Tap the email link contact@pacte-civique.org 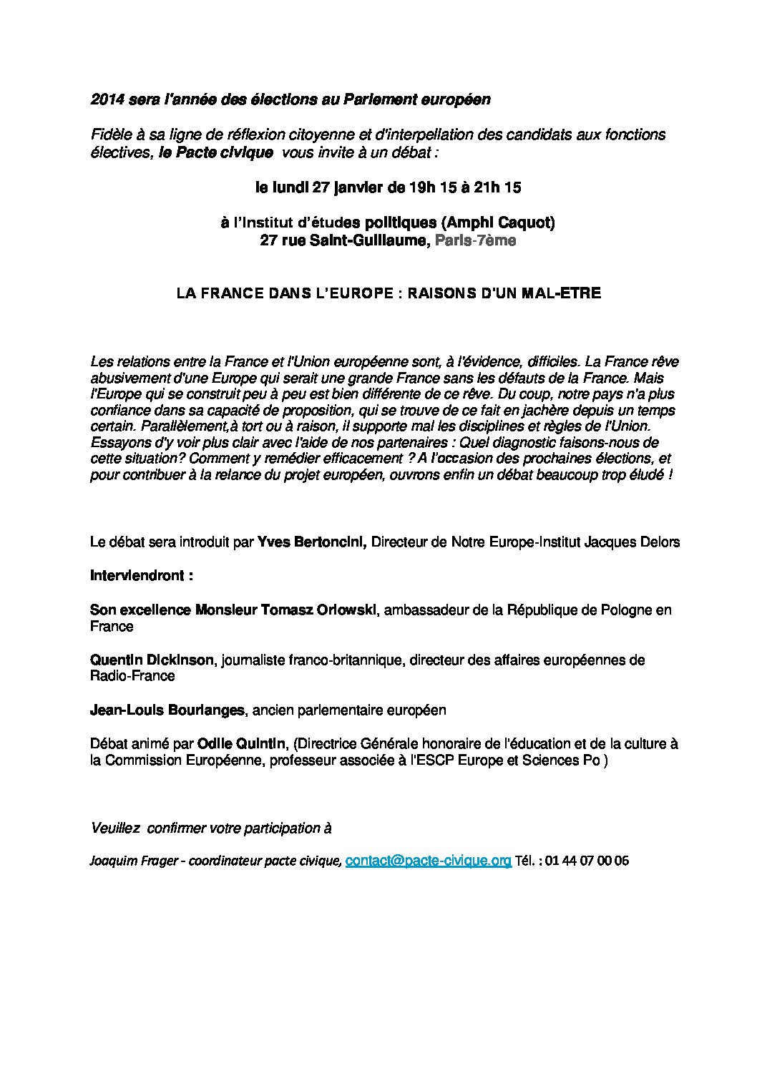428,861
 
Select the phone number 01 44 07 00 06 587,861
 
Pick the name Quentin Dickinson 152,660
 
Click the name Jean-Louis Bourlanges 167,710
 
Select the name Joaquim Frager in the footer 133,861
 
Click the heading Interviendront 141,575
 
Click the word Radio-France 132,675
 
